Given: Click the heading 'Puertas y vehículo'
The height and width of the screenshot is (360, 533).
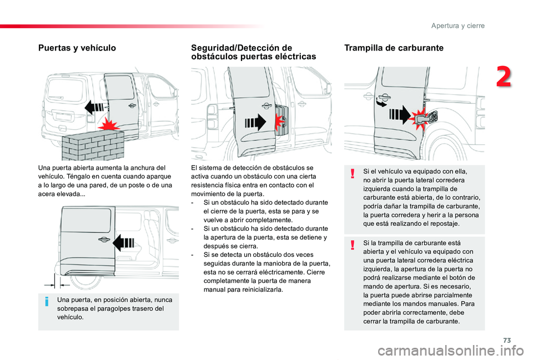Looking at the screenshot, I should click(x=77, y=48).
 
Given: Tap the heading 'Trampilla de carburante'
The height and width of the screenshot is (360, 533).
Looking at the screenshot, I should click(x=394, y=48).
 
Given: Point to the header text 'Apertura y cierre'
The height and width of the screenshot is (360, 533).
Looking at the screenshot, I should click(x=457, y=26).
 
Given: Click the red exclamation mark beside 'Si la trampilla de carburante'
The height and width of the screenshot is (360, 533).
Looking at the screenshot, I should click(x=353, y=245).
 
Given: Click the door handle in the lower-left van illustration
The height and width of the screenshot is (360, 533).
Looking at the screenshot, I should click(x=103, y=239).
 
